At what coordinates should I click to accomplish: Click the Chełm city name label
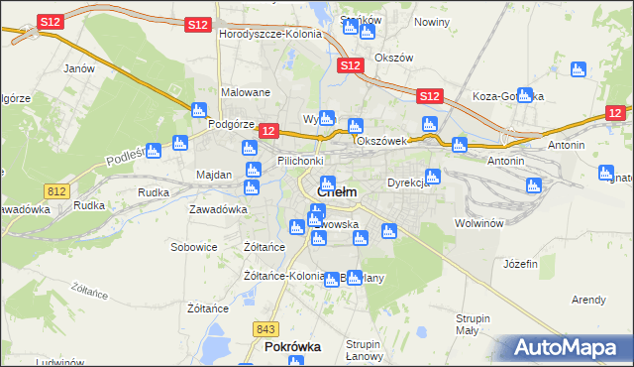pyautogui.click(x=337, y=191)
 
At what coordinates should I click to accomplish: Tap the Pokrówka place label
pyautogui.click(x=290, y=348)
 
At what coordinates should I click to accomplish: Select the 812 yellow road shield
pyautogui.click(x=55, y=189)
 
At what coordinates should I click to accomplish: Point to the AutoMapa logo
pyautogui.click(x=569, y=348)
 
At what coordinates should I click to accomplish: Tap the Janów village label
pyautogui.click(x=78, y=69)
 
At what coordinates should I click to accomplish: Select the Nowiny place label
pyautogui.click(x=432, y=22)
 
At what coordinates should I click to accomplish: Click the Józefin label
pyautogui.click(x=520, y=264)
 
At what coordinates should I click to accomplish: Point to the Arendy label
pyautogui.click(x=588, y=300)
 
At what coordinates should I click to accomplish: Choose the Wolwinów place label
pyautogui.click(x=481, y=223)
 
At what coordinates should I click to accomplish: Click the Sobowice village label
pyautogui.click(x=194, y=246)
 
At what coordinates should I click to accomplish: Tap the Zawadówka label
pyautogui.click(x=218, y=209)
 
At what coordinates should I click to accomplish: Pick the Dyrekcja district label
pyautogui.click(x=407, y=183)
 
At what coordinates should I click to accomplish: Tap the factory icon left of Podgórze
pyautogui.click(x=198, y=110)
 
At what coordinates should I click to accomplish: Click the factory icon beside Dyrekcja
pyautogui.click(x=432, y=177)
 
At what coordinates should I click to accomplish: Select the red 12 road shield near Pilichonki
pyautogui.click(x=267, y=130)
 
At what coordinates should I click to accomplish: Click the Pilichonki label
pyautogui.click(x=300, y=161)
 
